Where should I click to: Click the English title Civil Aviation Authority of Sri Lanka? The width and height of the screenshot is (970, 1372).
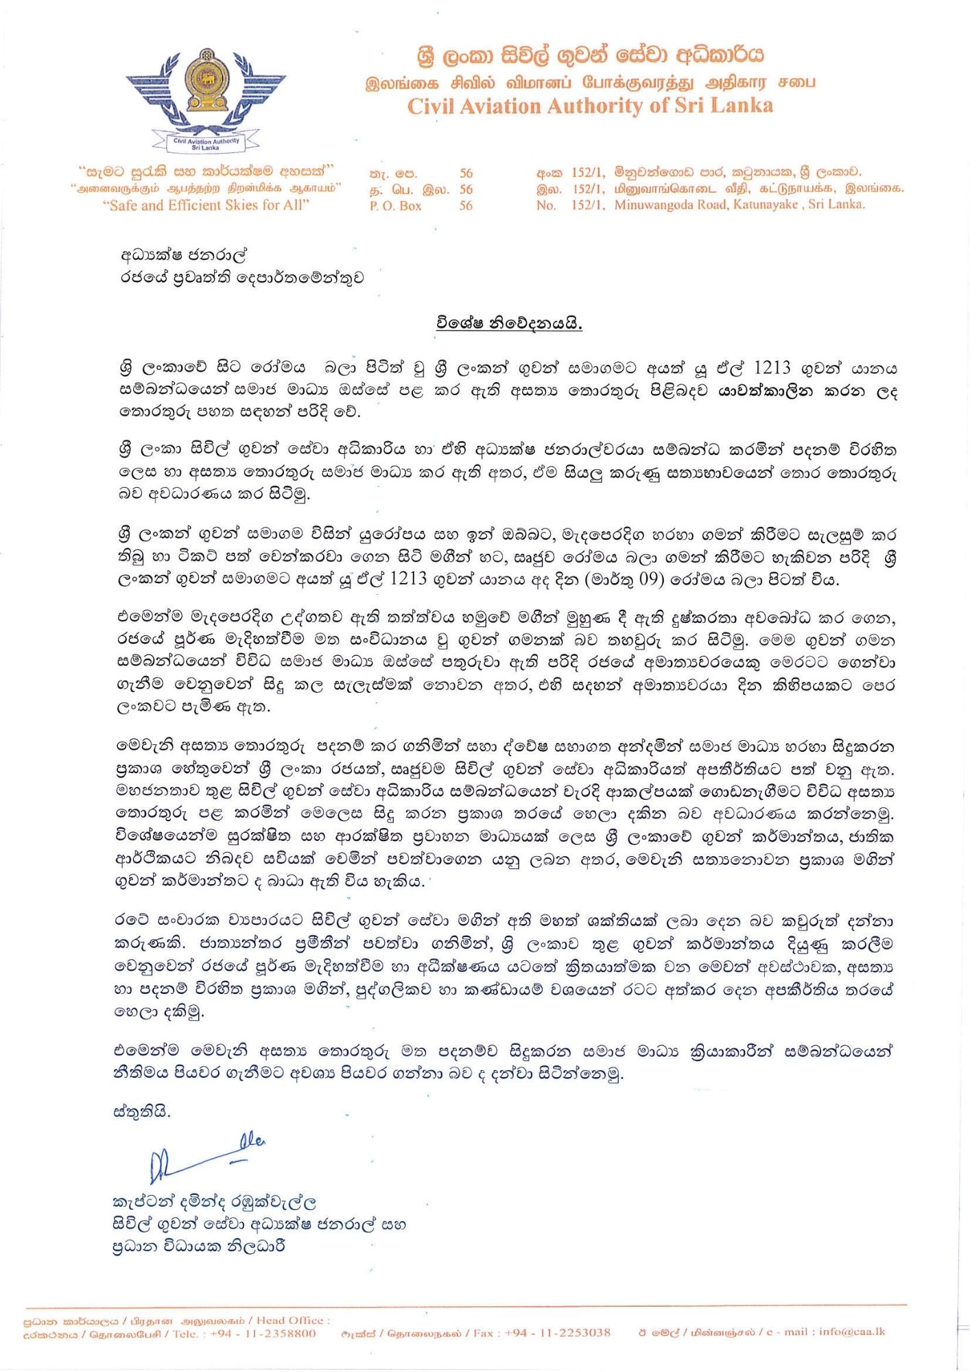tap(590, 106)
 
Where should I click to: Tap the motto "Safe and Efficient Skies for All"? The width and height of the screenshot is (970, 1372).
tap(209, 205)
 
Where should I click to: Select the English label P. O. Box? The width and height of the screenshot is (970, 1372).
tap(395, 206)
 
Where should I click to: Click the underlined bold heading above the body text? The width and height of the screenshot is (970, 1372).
tap(509, 322)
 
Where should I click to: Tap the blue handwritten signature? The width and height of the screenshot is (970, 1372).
tap(206, 1159)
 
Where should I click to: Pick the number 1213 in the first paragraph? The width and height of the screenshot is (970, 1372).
tap(772, 368)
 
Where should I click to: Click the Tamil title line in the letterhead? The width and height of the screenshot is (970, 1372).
tap(590, 82)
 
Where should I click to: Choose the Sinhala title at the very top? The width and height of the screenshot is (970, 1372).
tap(590, 55)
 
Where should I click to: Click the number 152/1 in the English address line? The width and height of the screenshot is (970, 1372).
tap(588, 204)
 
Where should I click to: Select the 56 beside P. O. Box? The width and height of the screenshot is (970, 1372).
tap(466, 206)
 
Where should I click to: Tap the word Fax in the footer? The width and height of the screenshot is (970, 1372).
tap(483, 1332)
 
